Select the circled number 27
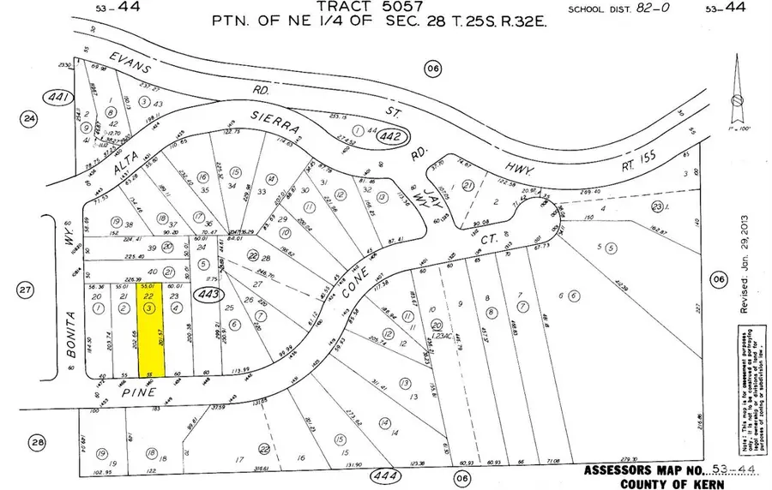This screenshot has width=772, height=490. pyautogui.click(x=27, y=291)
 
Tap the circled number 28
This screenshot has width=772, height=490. pyautogui.click(x=35, y=442)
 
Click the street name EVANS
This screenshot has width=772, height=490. pyautogui.click(x=131, y=59)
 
